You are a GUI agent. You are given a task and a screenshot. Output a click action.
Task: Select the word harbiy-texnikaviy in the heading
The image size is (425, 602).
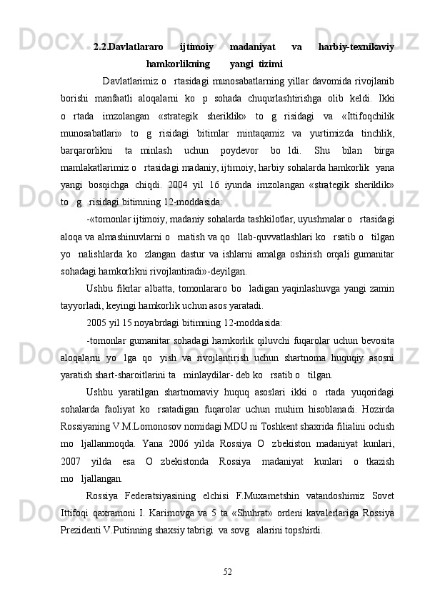point(356,47)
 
